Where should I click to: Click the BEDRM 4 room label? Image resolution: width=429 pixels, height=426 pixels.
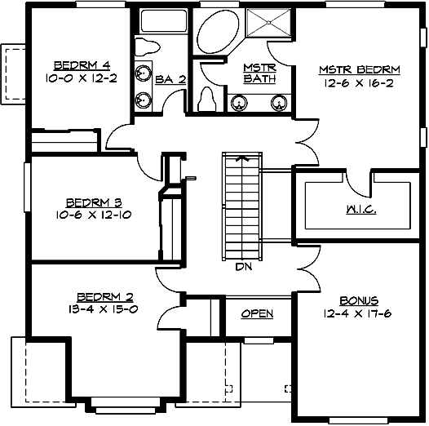(77, 65)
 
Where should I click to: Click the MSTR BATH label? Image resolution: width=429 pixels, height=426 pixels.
(259, 73)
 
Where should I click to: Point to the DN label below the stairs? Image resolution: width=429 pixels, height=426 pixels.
(242, 266)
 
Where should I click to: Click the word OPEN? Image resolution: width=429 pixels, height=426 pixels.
(258, 313)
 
